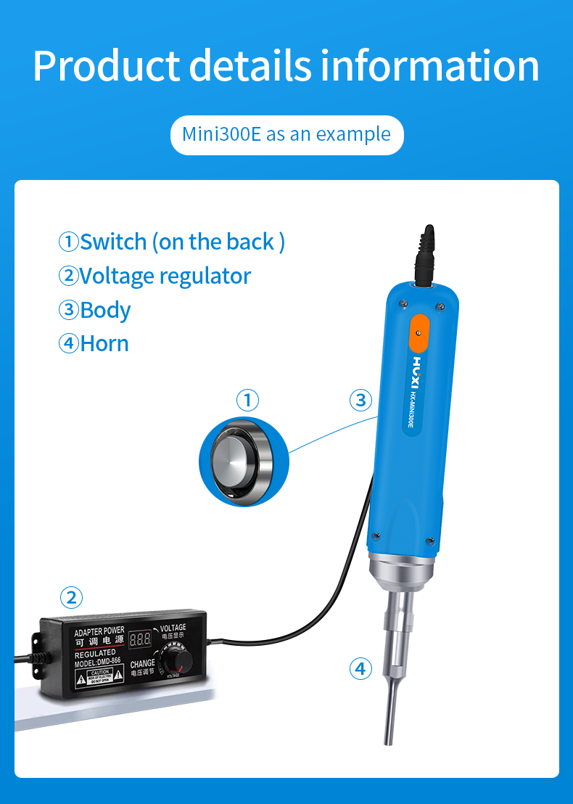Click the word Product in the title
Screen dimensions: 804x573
[104, 66]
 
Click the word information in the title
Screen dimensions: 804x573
[430, 66]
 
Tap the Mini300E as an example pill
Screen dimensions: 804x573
[286, 135]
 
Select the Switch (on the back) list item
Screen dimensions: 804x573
[172, 242]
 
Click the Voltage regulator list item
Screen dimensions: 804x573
[155, 276]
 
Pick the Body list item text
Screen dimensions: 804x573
[96, 310]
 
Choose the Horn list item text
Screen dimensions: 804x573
[94, 343]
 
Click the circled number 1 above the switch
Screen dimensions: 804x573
[247, 400]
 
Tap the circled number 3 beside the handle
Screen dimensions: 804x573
[360, 400]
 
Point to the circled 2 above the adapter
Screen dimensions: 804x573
[70, 598]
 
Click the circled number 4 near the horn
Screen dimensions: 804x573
[360, 668]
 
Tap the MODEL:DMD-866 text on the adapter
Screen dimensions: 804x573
[98, 662]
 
